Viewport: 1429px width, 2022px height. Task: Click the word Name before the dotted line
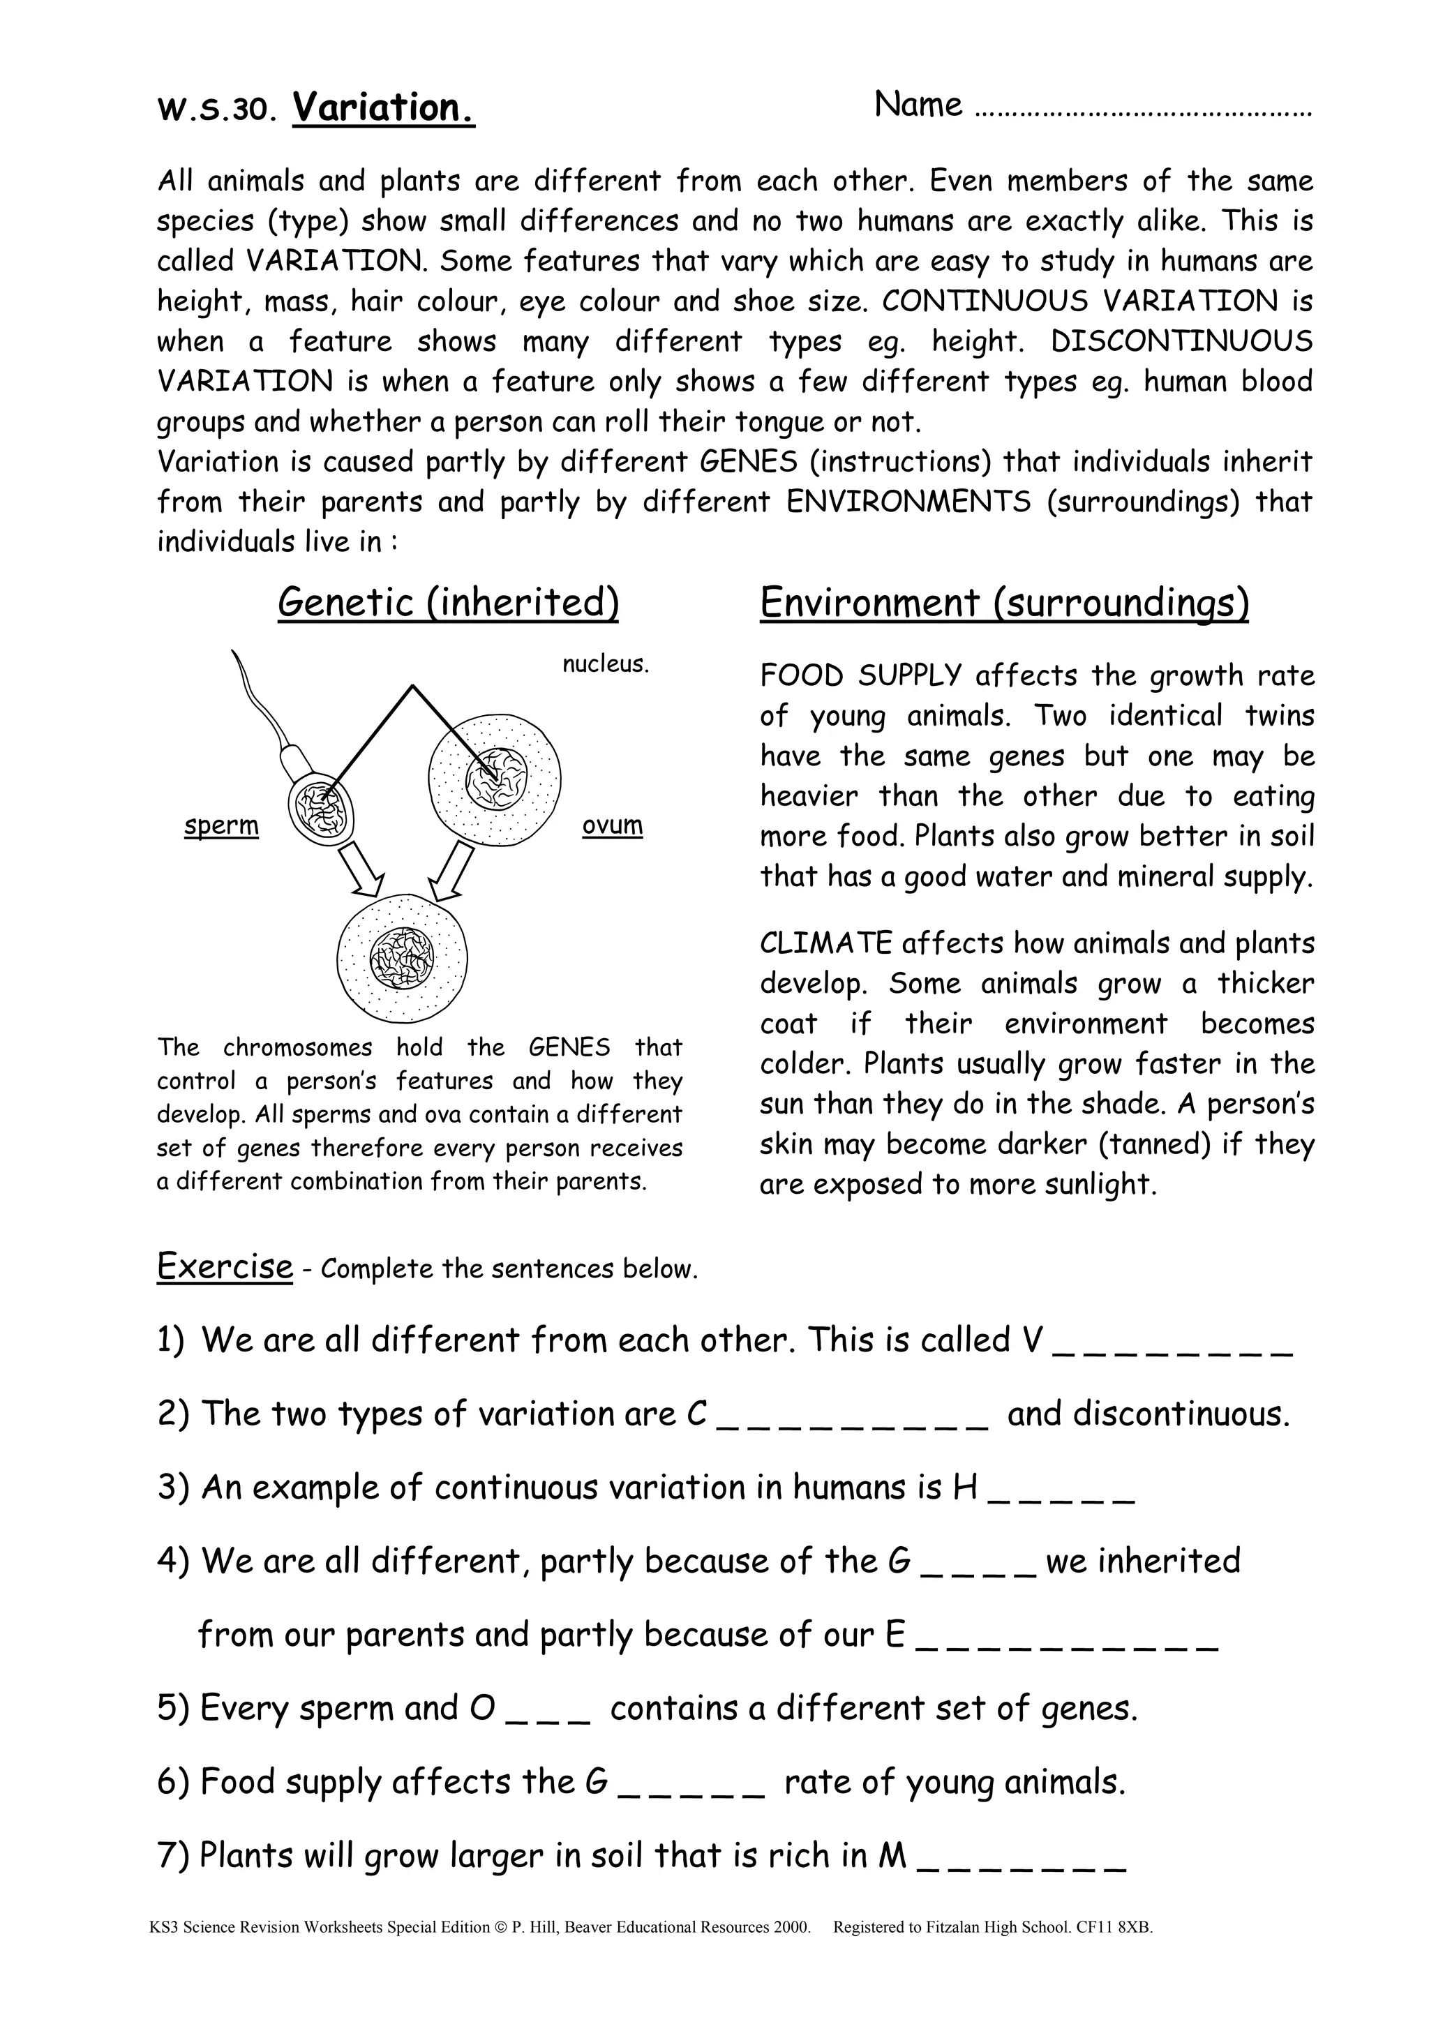918,105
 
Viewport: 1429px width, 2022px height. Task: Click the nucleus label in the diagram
605,664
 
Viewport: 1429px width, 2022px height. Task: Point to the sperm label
221,825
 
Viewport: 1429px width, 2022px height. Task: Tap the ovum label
612,825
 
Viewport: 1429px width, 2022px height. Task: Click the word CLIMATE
825,943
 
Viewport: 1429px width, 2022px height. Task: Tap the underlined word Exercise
224,1266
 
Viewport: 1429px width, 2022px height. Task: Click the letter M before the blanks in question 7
892,1855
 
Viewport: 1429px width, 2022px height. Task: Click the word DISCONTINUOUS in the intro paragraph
1181,340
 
